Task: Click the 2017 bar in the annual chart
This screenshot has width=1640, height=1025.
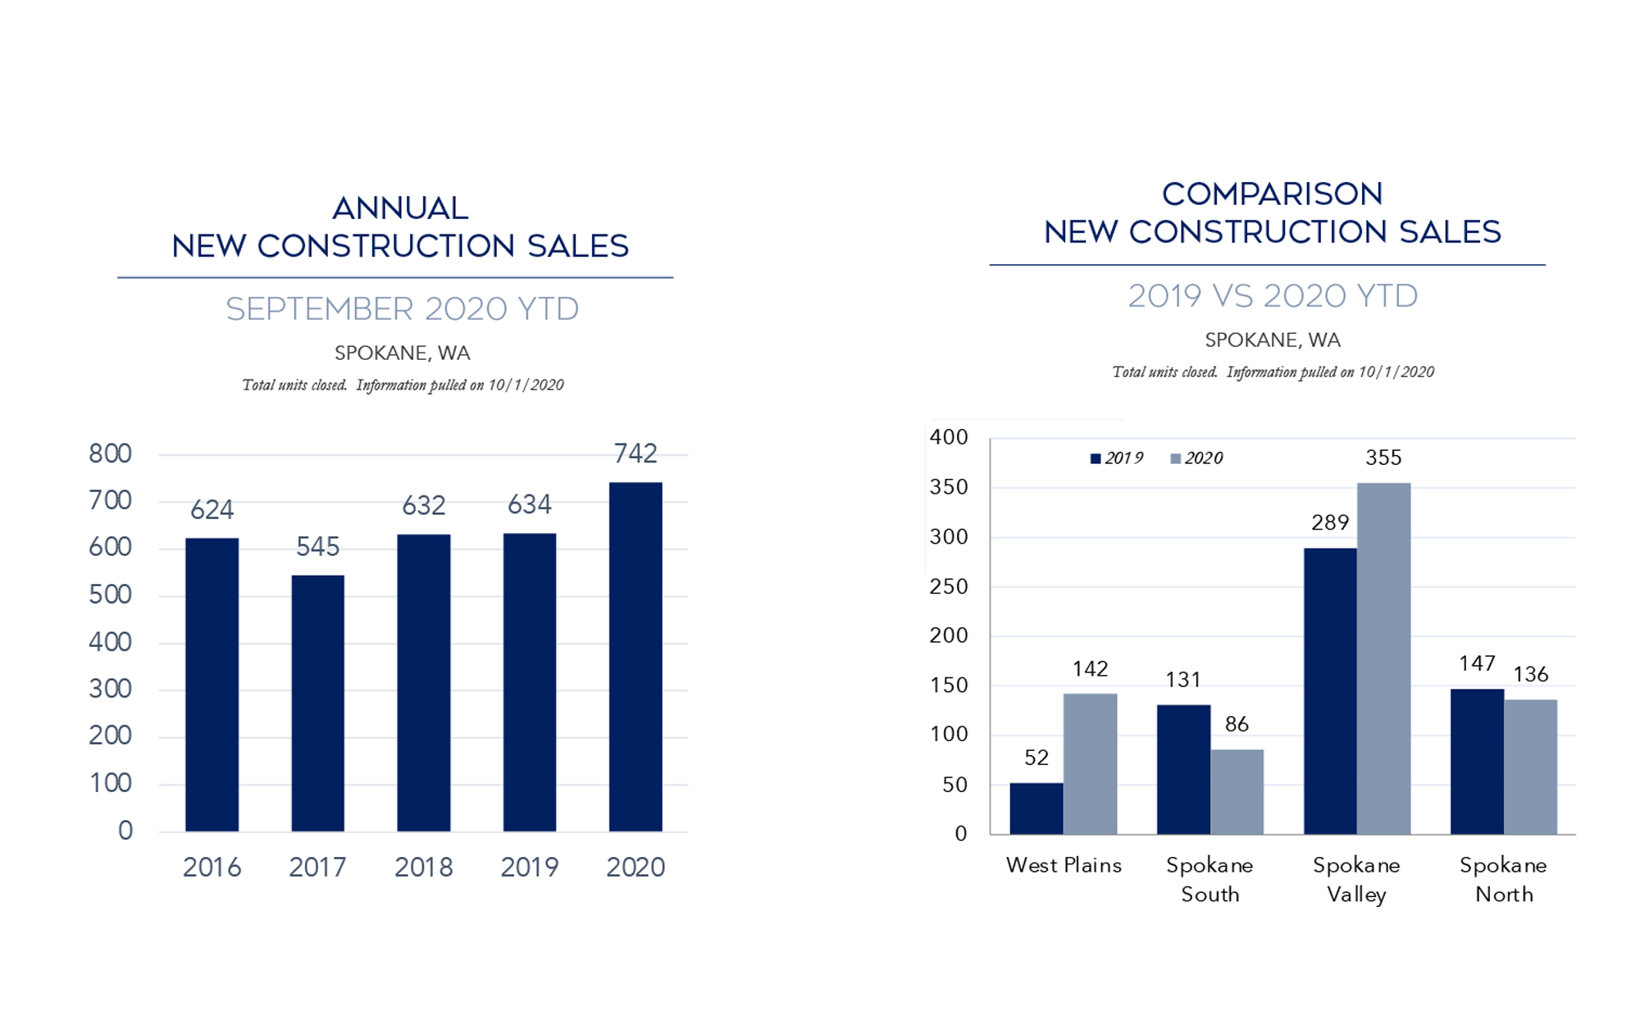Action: (x=317, y=703)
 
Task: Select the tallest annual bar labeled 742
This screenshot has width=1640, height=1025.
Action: (x=635, y=656)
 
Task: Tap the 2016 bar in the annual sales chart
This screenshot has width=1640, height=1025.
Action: (x=212, y=685)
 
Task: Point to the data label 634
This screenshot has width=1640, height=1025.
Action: (x=529, y=504)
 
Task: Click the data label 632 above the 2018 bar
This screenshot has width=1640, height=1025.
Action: (x=423, y=505)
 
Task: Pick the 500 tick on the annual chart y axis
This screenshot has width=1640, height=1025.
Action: (x=110, y=594)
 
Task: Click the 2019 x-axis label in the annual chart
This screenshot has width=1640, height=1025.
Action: (x=529, y=867)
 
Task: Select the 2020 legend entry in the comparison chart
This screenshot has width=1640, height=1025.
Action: (x=1196, y=458)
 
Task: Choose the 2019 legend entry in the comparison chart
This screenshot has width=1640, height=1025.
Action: (x=1116, y=458)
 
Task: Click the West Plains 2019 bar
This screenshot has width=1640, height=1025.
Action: (x=1036, y=809)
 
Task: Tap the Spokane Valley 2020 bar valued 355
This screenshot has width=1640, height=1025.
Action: (x=1383, y=658)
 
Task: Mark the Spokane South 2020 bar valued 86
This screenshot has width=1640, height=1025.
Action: (x=1237, y=791)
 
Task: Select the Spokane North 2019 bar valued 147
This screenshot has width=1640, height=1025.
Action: (x=1477, y=761)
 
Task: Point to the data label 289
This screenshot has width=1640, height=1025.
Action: (x=1330, y=522)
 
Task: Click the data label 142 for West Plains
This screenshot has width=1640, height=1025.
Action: (x=1090, y=669)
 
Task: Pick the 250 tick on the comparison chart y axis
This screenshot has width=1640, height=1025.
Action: (x=949, y=586)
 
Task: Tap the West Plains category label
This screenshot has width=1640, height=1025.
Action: (x=1064, y=865)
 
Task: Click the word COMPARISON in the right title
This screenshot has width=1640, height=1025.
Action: (x=1272, y=194)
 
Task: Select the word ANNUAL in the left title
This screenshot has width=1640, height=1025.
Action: (x=400, y=208)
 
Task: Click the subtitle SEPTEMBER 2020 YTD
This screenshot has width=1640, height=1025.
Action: (x=402, y=309)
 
